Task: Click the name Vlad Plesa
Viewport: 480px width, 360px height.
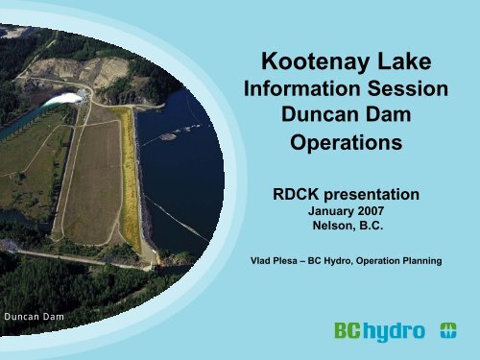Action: (275, 257)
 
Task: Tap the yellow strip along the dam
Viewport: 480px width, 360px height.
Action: (129, 173)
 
